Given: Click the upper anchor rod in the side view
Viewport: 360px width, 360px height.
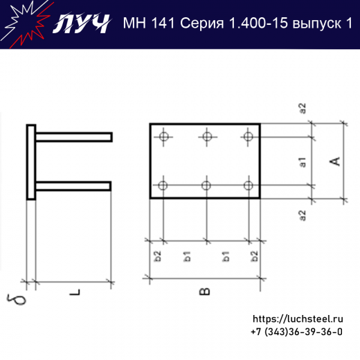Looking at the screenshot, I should pyautogui.click(x=73, y=137).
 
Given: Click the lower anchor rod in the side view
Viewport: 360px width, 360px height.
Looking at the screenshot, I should pyautogui.click(x=73, y=186).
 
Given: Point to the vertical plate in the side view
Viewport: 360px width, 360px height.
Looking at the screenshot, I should pyautogui.click(x=30, y=162).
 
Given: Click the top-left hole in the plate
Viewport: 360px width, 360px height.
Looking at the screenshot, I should pyautogui.click(x=163, y=136).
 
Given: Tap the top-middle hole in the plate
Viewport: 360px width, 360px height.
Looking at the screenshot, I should pyautogui.click(x=206, y=136).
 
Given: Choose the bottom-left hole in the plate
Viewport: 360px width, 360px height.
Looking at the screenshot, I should pyautogui.click(x=163, y=185).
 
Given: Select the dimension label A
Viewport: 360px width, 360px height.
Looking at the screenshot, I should pyautogui.click(x=334, y=161).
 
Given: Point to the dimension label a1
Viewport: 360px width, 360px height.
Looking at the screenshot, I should pyautogui.click(x=303, y=163).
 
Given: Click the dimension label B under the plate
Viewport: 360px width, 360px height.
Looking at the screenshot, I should pyautogui.click(x=204, y=292).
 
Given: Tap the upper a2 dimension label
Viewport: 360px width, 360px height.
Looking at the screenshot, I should pyautogui.click(x=303, y=109).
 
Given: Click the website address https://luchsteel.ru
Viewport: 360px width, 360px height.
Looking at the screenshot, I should pyautogui.click(x=298, y=319).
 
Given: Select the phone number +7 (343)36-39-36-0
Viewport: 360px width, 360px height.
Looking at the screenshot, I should pyautogui.click(x=296, y=332).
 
